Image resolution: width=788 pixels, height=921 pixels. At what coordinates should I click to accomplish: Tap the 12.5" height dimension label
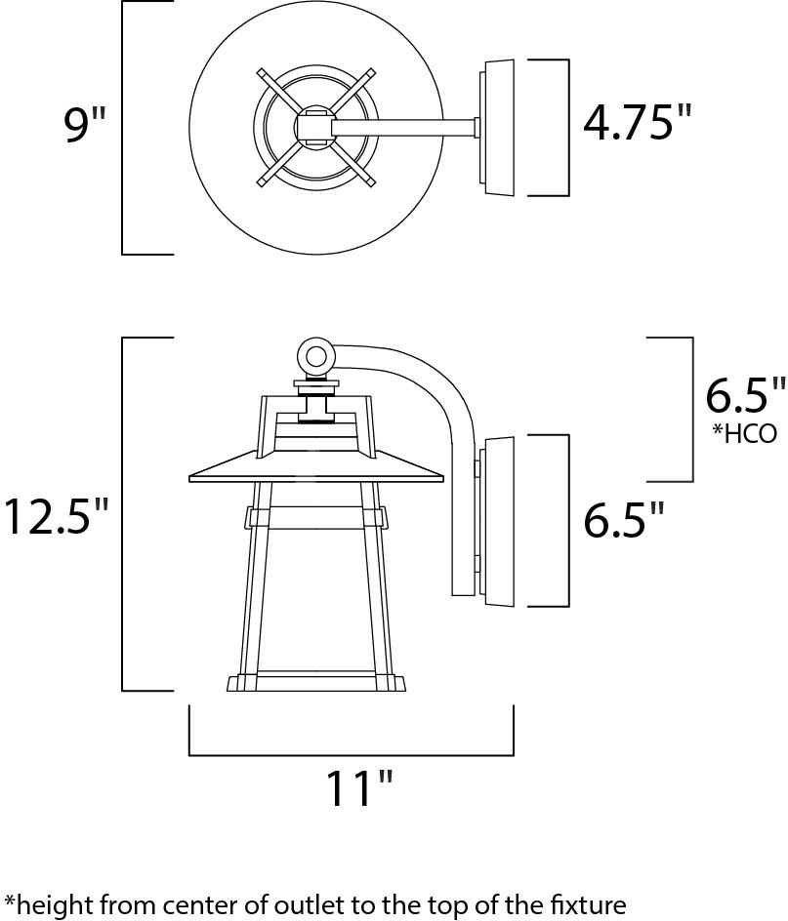[56, 516]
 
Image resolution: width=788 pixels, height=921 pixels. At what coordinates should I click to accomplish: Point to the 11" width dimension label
[358, 788]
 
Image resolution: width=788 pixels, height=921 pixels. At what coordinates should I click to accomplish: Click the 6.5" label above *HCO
[745, 395]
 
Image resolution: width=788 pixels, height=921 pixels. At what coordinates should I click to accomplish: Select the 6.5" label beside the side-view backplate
[623, 519]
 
